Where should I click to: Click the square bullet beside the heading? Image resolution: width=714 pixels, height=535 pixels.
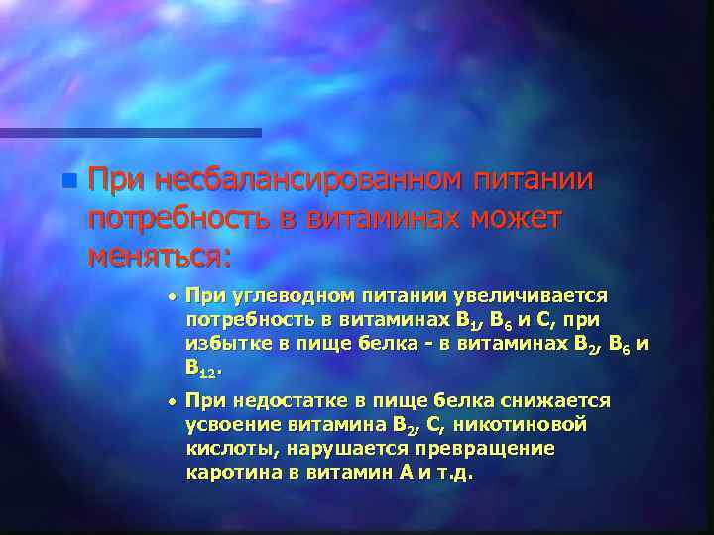[67, 181]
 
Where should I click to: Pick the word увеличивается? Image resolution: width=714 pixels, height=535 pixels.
[531, 295]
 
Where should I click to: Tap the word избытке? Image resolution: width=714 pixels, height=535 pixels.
[225, 343]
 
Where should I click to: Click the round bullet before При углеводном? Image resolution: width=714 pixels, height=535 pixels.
[171, 295]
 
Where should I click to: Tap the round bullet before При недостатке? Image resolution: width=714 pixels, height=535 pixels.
[171, 401]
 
